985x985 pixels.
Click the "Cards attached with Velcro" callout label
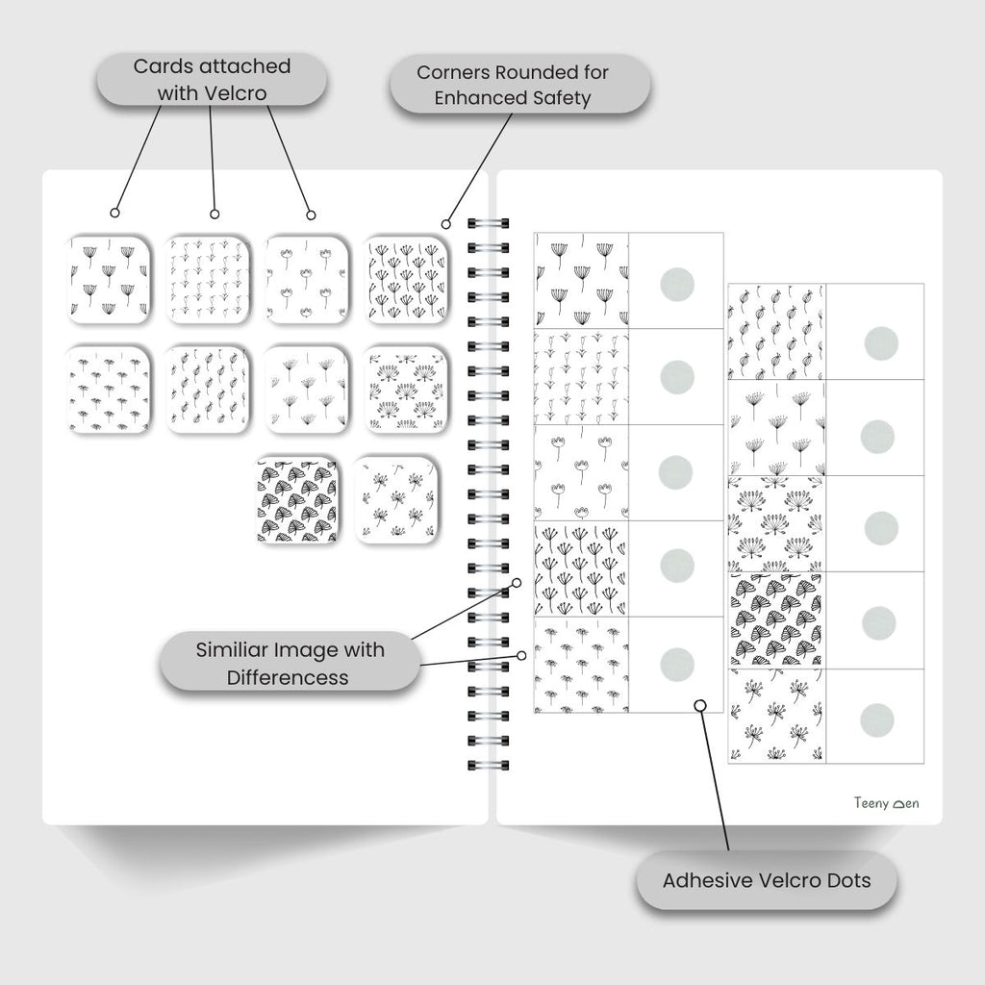211,79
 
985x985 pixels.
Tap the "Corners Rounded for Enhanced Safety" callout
519,86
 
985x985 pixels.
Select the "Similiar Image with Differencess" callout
290,663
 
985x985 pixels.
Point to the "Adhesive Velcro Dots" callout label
767,880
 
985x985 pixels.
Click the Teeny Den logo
886,803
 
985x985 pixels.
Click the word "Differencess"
288,677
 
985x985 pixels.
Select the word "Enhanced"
477,98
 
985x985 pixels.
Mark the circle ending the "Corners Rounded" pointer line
445,224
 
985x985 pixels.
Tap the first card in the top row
108,279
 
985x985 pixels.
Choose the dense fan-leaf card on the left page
297,501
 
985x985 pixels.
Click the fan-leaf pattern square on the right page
776,621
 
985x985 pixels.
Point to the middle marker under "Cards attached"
215,214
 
